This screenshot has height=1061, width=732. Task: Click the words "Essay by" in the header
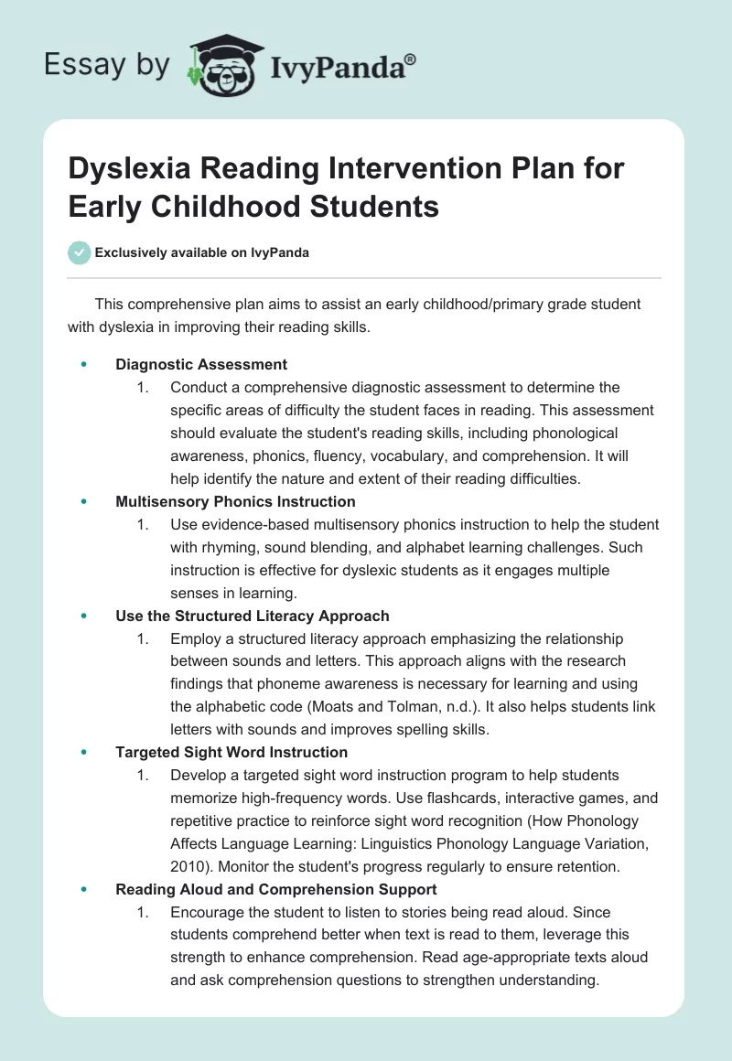[108, 65]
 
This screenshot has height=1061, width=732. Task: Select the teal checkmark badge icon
[80, 252]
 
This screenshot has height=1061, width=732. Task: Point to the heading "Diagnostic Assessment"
[201, 364]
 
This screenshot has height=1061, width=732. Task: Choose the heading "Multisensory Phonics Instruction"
[235, 501]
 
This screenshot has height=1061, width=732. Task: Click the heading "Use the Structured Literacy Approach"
[253, 616]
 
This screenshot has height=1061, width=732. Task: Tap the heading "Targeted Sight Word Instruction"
[231, 752]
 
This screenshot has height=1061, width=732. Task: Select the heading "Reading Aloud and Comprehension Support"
[276, 889]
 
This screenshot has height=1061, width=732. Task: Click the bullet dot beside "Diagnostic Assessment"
[84, 364]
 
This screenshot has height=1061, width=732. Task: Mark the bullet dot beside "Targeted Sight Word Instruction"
[84, 752]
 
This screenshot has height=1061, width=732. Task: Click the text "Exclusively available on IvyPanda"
[202, 252]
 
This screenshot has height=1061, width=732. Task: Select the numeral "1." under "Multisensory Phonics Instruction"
[143, 524]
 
